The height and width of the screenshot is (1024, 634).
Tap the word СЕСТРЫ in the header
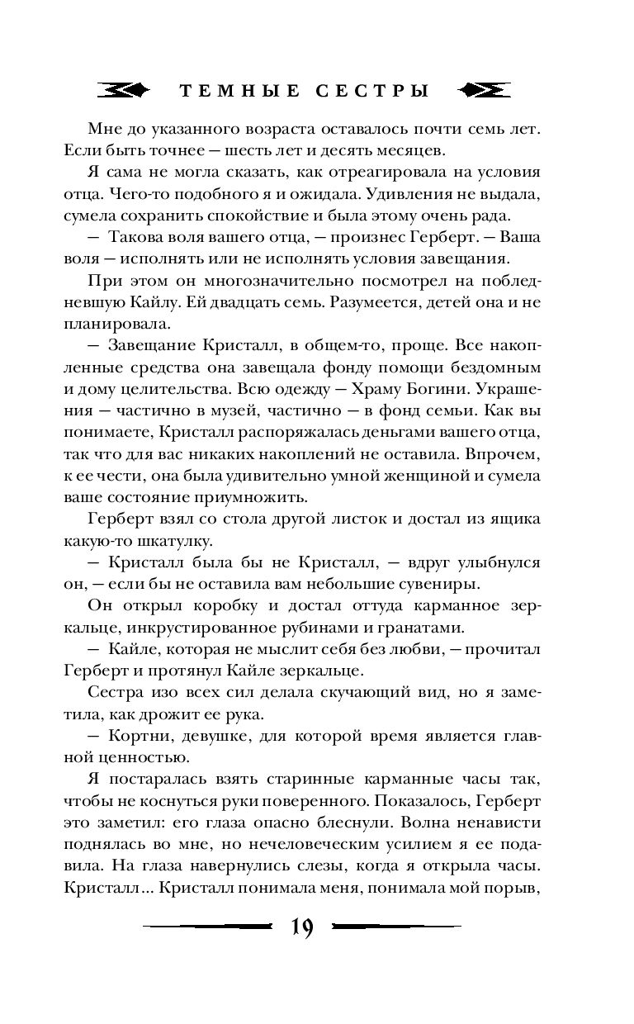point(373,91)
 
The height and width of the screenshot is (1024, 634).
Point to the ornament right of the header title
point(484,90)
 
